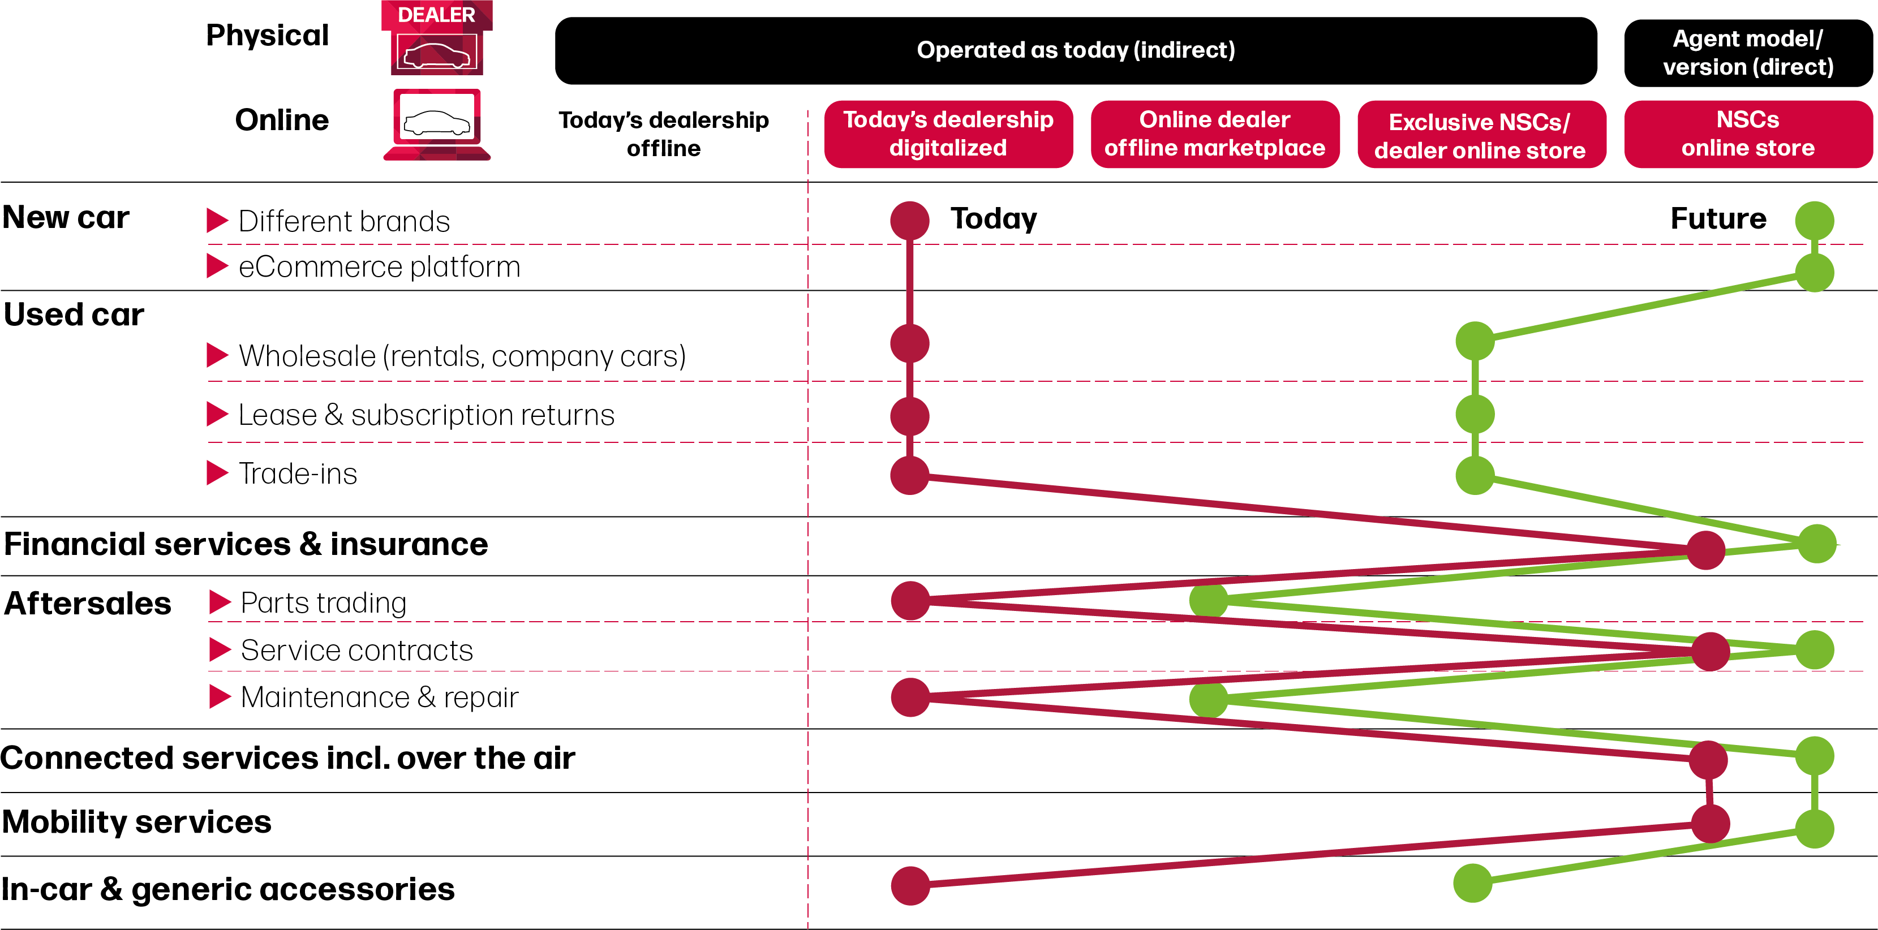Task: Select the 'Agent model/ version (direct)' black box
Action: [x=1747, y=53]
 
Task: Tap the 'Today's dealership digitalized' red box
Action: [x=948, y=134]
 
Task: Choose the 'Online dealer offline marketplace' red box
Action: [x=1215, y=134]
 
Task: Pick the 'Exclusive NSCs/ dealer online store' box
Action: [x=1481, y=136]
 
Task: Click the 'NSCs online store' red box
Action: [x=1747, y=134]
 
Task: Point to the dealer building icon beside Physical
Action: [x=437, y=38]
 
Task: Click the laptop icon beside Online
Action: [x=437, y=124]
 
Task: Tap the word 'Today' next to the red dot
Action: [x=994, y=219]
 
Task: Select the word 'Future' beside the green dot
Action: [x=1718, y=219]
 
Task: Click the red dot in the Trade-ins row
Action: [x=910, y=476]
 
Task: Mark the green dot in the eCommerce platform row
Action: [x=1815, y=273]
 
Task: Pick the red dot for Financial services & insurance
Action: [x=1706, y=550]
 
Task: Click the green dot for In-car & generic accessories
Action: [x=1473, y=884]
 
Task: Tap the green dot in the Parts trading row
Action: [x=1209, y=601]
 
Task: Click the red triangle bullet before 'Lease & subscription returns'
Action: [x=217, y=414]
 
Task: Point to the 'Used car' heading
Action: [x=74, y=315]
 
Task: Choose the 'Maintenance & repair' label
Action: [x=379, y=697]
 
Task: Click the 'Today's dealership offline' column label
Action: [x=663, y=134]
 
